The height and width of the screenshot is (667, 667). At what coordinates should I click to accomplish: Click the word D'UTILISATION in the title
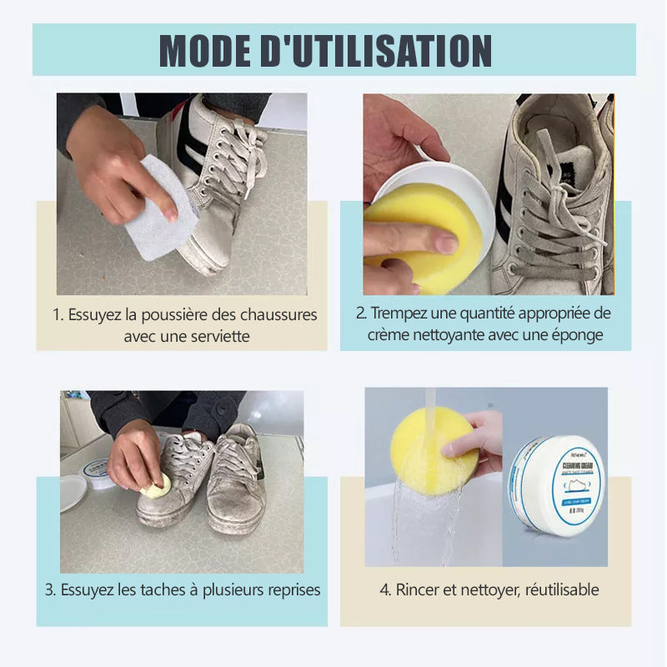[389, 51]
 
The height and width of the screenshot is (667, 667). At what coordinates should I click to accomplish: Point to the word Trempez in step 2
[398, 313]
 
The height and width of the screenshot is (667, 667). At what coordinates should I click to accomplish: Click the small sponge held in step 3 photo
[156, 487]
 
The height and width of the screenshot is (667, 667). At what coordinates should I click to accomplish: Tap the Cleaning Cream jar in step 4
[556, 487]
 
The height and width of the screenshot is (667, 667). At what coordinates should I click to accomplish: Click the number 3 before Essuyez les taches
[49, 589]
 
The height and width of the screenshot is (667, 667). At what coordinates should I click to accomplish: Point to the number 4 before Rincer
[384, 589]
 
